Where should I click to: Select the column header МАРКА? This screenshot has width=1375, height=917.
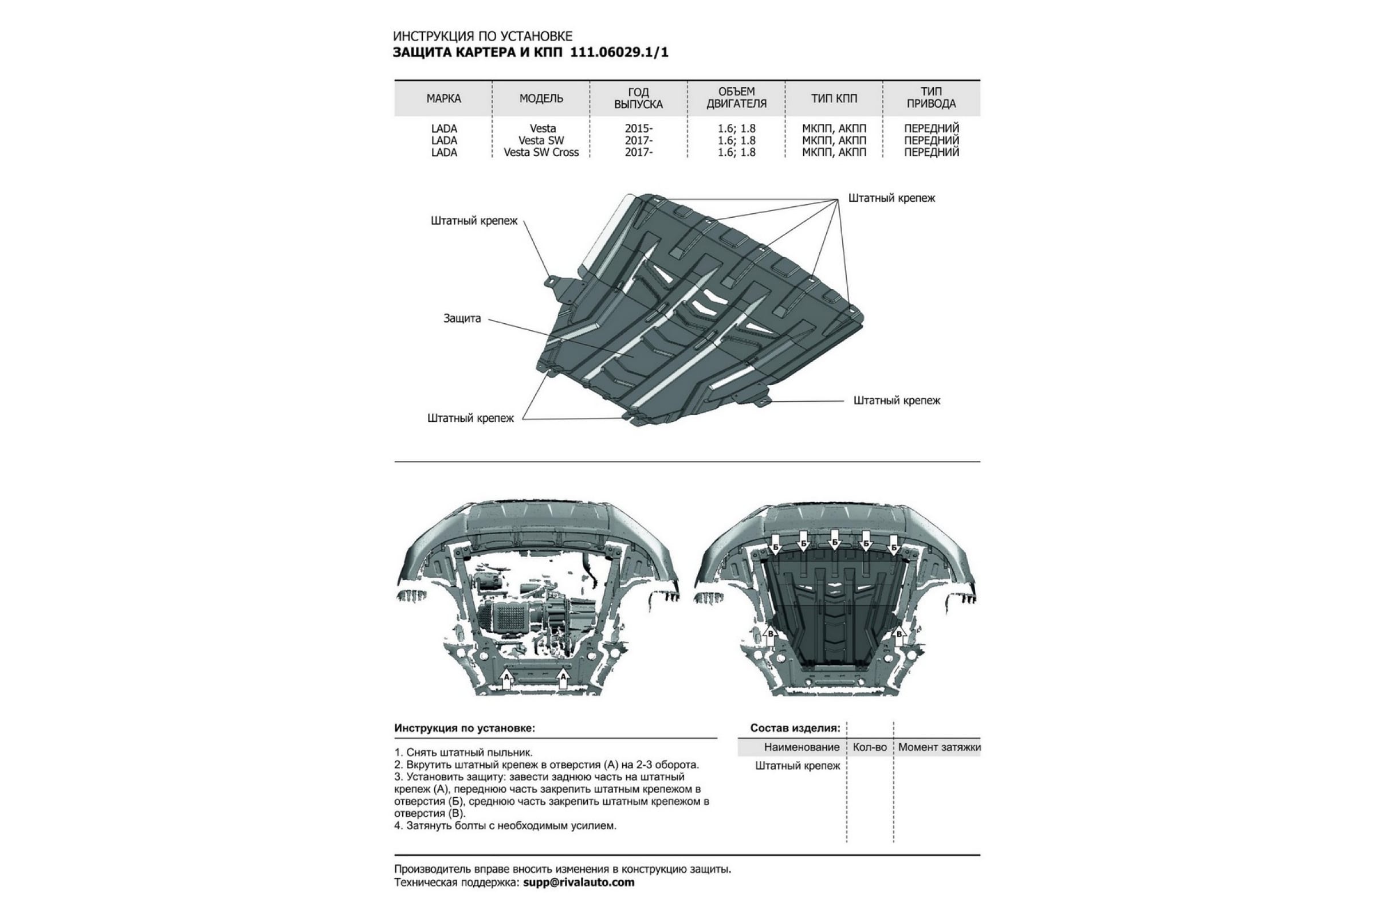click(x=443, y=98)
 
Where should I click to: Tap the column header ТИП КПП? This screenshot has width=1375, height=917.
click(x=834, y=98)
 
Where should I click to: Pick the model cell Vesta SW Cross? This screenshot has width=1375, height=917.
click(x=541, y=152)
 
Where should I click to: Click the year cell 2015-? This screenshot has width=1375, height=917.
click(x=638, y=128)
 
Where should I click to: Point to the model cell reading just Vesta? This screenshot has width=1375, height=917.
click(x=543, y=128)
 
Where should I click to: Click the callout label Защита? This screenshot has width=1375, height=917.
click(x=462, y=319)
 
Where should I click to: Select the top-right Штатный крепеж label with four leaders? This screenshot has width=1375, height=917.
click(x=891, y=198)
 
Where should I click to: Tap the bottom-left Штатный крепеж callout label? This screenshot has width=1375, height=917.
click(x=470, y=418)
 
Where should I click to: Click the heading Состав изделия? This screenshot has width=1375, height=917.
click(x=795, y=728)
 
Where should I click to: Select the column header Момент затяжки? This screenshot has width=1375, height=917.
click(x=940, y=747)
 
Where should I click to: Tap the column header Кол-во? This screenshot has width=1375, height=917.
click(x=870, y=747)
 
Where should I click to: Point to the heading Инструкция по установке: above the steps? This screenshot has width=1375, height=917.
click(x=465, y=728)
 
